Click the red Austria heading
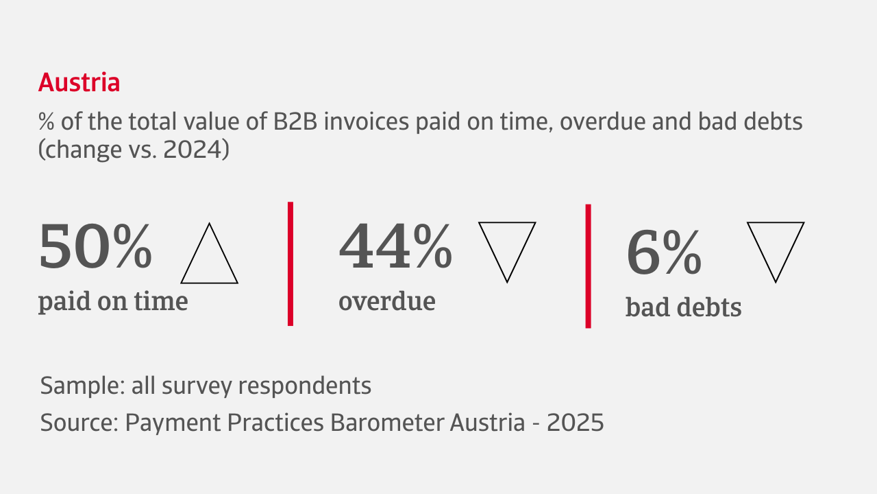pyautogui.click(x=79, y=82)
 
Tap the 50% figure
pyautogui.click(x=95, y=246)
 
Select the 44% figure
pyautogui.click(x=395, y=246)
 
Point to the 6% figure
pyautogui.click(x=664, y=252)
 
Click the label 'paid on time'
pyautogui.click(x=113, y=302)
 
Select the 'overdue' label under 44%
pyautogui.click(x=387, y=301)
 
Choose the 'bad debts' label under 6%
pyautogui.click(x=684, y=307)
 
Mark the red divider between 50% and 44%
pyautogui.click(x=290, y=264)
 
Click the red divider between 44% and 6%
pyautogui.click(x=588, y=266)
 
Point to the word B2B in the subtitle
pyautogui.click(x=295, y=121)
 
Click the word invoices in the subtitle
pyautogui.click(x=367, y=121)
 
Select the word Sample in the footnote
pyautogui.click(x=83, y=386)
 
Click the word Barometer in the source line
pyautogui.click(x=387, y=423)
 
